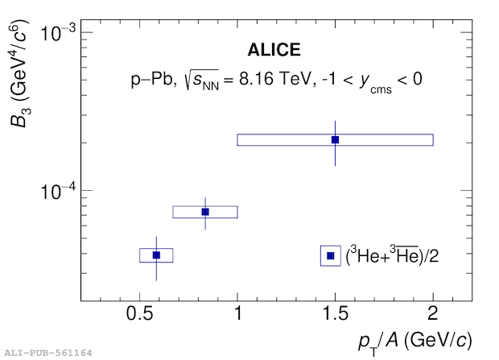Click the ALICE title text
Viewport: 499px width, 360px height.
point(274,50)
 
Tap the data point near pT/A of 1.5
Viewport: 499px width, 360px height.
point(335,140)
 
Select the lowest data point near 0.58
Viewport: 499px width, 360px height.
point(156,255)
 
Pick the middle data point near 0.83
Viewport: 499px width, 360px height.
point(205,212)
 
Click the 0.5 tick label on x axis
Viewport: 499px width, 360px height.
point(139,313)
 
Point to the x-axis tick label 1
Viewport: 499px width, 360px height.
point(237,313)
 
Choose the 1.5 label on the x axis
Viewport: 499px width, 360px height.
point(336,313)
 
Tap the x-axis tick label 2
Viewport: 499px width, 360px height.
point(433,313)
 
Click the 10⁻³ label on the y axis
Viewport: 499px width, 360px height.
point(58,33)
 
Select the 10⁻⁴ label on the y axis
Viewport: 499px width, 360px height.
point(58,191)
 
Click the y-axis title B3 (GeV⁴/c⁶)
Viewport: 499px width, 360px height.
point(19,74)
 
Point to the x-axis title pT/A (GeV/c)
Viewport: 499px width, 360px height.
point(415,342)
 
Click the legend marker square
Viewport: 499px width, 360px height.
point(331,255)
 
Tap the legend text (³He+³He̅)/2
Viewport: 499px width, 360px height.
point(392,255)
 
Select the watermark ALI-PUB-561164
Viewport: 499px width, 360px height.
point(48,353)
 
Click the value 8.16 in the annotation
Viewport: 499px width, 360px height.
point(256,78)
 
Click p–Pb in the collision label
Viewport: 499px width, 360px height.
point(152,79)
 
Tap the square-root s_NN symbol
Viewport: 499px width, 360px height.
point(201,80)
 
